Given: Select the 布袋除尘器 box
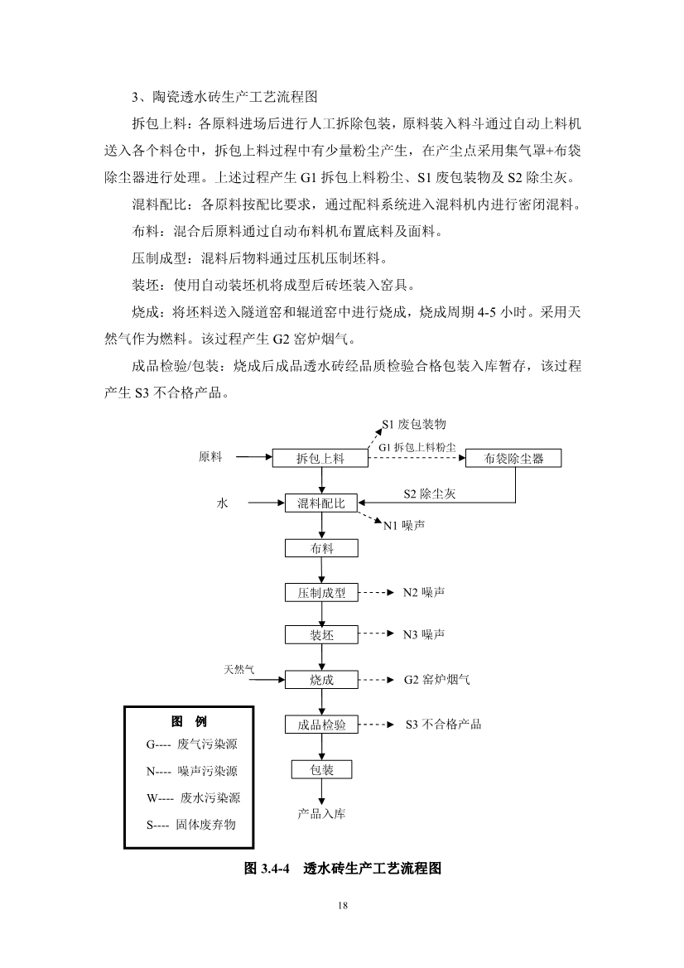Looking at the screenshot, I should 514,458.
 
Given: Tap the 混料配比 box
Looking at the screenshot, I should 321,503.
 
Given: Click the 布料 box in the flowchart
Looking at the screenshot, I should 321,548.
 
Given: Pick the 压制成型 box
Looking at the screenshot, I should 321,593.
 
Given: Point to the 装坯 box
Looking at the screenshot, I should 321,635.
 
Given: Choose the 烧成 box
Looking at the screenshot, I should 321,680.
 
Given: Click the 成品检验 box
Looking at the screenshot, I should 321,725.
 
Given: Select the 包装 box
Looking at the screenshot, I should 321,770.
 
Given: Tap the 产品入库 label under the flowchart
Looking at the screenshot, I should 321,814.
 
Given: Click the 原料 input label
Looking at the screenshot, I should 210,457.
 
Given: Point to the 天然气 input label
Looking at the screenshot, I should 238,668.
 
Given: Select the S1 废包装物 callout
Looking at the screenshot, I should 414,424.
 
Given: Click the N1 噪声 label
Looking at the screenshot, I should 404,526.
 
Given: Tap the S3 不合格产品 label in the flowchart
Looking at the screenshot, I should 443,725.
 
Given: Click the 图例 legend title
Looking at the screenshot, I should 189,721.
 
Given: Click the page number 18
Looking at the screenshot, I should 343,905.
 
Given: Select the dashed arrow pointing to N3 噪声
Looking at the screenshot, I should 378,634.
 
